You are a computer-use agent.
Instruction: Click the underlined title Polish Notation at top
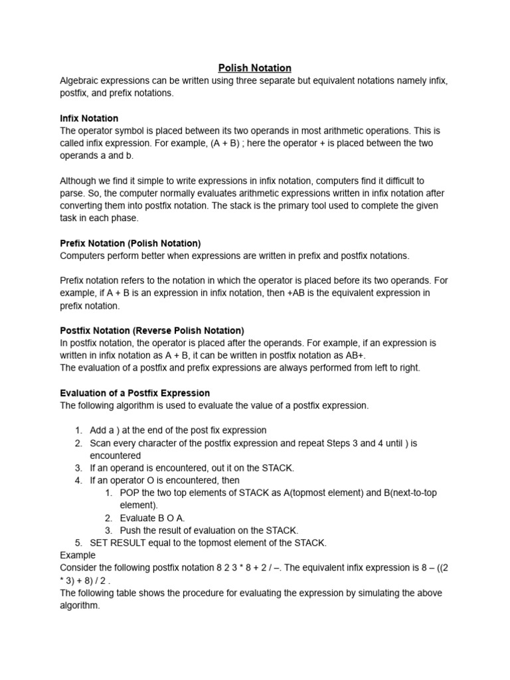[255, 68]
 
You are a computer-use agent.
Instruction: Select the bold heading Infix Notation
[89, 118]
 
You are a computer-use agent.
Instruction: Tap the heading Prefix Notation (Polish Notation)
[130, 243]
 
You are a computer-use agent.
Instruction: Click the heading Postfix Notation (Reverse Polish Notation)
[152, 331]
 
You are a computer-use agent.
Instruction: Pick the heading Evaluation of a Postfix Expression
[135, 393]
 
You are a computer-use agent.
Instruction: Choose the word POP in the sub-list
[130, 493]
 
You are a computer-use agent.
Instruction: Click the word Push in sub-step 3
[131, 530]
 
